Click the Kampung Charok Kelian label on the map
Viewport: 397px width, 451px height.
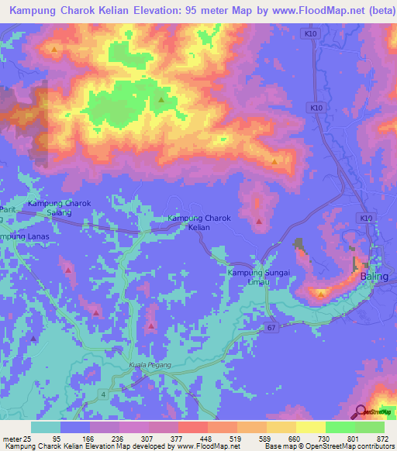[x=199, y=223]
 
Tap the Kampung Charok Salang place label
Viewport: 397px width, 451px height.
[x=60, y=207]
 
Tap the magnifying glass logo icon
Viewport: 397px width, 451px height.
[x=361, y=411]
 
